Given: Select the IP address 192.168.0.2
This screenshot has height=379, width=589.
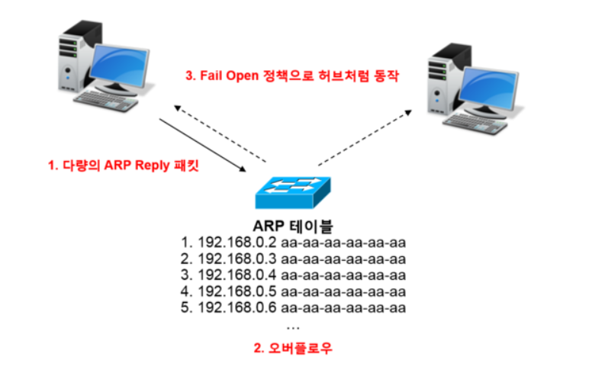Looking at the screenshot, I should [237, 242].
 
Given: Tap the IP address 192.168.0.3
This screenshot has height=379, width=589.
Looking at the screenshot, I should [237, 259].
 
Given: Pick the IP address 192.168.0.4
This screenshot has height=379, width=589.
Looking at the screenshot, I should [237, 275].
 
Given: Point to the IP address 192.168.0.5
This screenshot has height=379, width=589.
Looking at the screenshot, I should [237, 292].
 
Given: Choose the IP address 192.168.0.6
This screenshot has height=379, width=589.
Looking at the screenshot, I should [237, 308].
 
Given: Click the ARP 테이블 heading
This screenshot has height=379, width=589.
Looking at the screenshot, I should [293, 226].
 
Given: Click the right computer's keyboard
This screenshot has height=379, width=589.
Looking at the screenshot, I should [476, 127].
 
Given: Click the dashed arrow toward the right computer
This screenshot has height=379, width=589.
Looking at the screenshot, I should [365, 137].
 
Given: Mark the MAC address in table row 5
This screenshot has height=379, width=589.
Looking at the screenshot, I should [343, 308].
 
